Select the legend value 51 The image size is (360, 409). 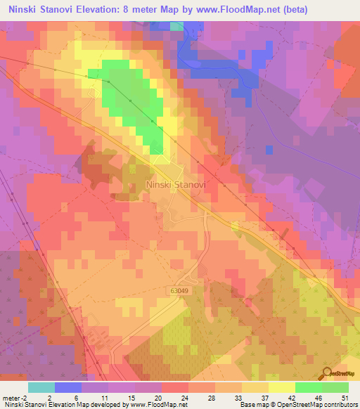344,397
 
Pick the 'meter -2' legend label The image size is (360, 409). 14,397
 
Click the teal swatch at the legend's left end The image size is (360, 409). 41,387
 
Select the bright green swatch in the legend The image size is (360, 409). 308,387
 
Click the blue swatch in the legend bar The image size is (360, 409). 67,387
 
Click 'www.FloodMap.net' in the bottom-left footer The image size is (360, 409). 159,405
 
